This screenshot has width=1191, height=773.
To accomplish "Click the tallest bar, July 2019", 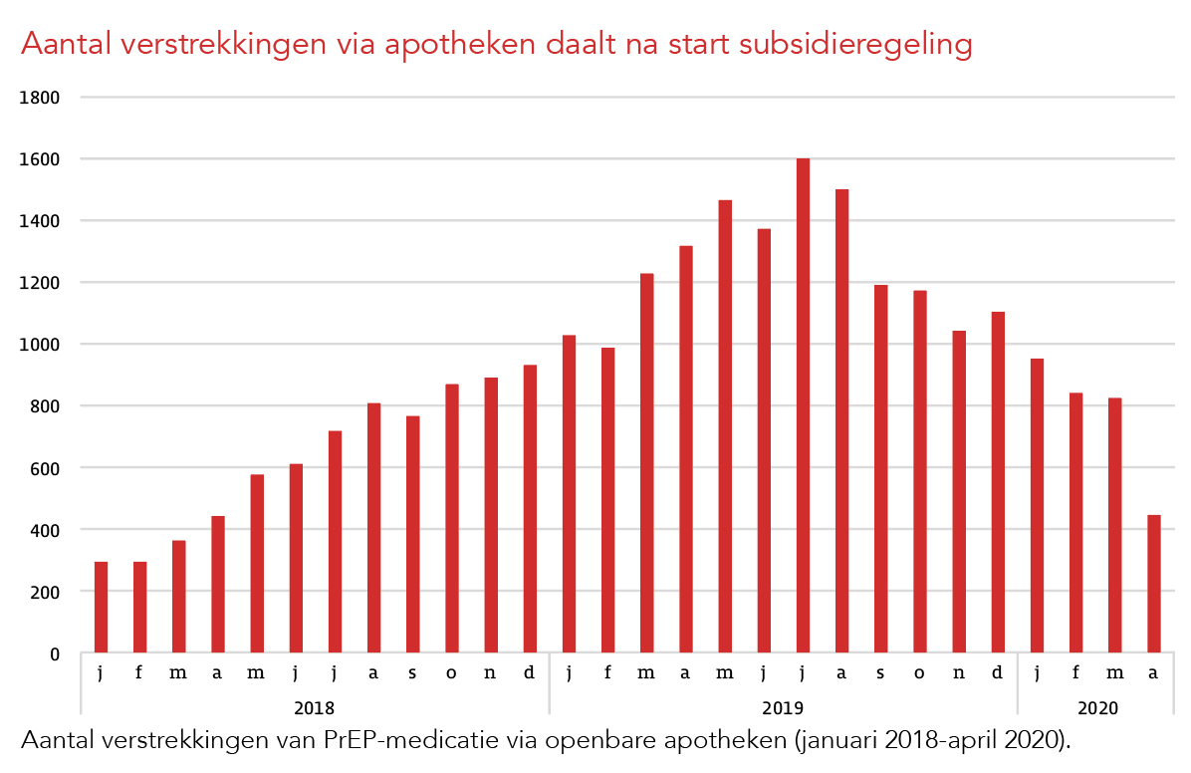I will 803,405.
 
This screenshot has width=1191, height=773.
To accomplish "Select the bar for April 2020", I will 1153,584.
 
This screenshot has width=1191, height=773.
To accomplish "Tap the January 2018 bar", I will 101,608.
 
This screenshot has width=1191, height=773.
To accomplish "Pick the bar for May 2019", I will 725,426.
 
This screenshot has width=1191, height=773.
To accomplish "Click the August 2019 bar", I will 841,420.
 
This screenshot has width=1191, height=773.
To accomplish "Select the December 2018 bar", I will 530,509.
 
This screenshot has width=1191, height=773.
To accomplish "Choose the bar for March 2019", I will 646,463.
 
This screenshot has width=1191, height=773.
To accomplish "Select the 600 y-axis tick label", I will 48,468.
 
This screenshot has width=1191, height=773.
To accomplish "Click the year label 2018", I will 314,708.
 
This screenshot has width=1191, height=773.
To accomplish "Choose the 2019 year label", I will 783,708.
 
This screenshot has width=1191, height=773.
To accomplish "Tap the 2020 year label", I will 1097,708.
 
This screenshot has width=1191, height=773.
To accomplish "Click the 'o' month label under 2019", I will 919,673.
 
